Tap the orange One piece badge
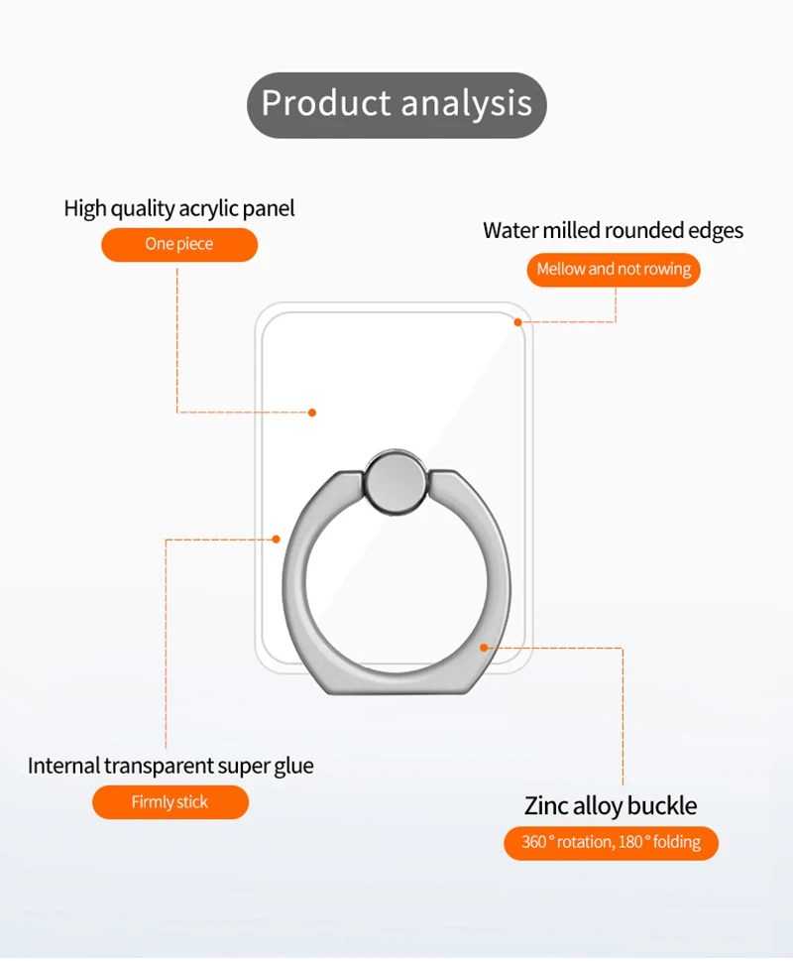179,244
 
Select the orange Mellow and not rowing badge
614,270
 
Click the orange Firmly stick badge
170,802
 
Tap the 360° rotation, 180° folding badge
611,843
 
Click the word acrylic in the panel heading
211,208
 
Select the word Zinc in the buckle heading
546,805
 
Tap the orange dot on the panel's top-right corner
516,321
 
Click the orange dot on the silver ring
484,648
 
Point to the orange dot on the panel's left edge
277,539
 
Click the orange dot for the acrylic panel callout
312,413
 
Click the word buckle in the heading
662,805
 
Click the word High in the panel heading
84,208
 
